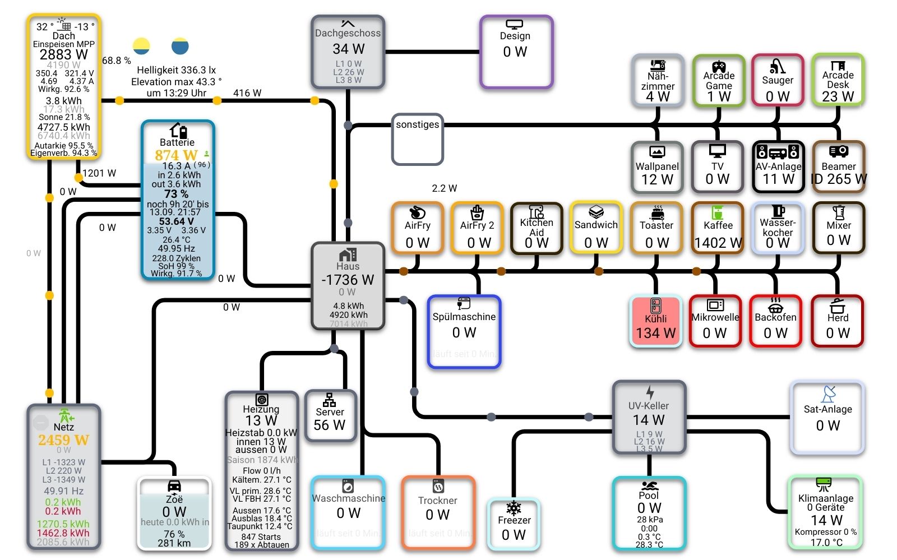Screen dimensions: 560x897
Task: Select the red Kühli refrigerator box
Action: [x=655, y=321]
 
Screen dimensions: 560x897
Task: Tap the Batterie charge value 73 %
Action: [x=176, y=194]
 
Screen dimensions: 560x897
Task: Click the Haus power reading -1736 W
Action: [x=348, y=279]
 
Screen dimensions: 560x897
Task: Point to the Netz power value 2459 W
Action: [x=63, y=440]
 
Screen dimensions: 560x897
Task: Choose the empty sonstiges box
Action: [x=418, y=140]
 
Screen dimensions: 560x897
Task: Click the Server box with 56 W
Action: [x=330, y=416]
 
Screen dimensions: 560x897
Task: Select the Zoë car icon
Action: [x=174, y=485]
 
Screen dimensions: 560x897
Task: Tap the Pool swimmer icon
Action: [x=649, y=485]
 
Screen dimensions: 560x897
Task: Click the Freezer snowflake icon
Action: [x=514, y=508]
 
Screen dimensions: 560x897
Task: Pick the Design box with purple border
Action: [x=516, y=52]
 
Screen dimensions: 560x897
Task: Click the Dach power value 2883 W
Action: [x=63, y=54]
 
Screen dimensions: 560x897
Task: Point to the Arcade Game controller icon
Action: [x=719, y=67]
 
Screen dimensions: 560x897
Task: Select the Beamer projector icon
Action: [x=838, y=151]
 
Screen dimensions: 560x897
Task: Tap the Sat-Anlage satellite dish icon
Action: [x=828, y=394]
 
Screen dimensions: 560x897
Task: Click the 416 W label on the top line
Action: [x=247, y=93]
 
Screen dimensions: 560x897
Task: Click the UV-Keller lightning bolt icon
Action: [x=649, y=392]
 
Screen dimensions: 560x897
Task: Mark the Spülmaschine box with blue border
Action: [x=464, y=331]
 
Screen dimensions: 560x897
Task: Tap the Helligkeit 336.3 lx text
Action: [x=176, y=70]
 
